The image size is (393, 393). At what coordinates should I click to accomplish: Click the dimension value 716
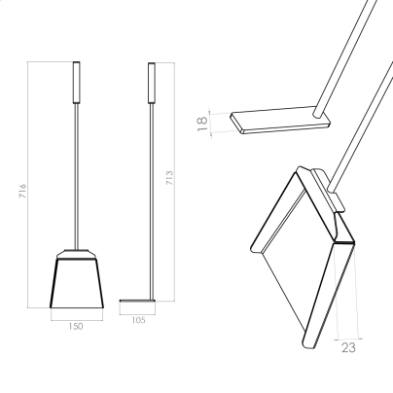[x=22, y=191]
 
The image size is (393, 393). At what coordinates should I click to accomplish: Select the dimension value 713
[x=169, y=178]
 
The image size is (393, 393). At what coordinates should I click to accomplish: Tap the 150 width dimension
[x=76, y=327]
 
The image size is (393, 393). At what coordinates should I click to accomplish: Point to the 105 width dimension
[x=138, y=320]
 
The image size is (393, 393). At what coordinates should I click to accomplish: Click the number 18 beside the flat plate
[x=202, y=124]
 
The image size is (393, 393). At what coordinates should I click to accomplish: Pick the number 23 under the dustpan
[x=348, y=347]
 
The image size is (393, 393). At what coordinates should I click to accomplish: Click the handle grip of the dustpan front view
[x=77, y=83]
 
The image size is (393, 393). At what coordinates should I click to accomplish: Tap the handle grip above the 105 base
[x=152, y=84]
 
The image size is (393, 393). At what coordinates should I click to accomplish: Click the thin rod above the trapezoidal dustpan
[x=77, y=176]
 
